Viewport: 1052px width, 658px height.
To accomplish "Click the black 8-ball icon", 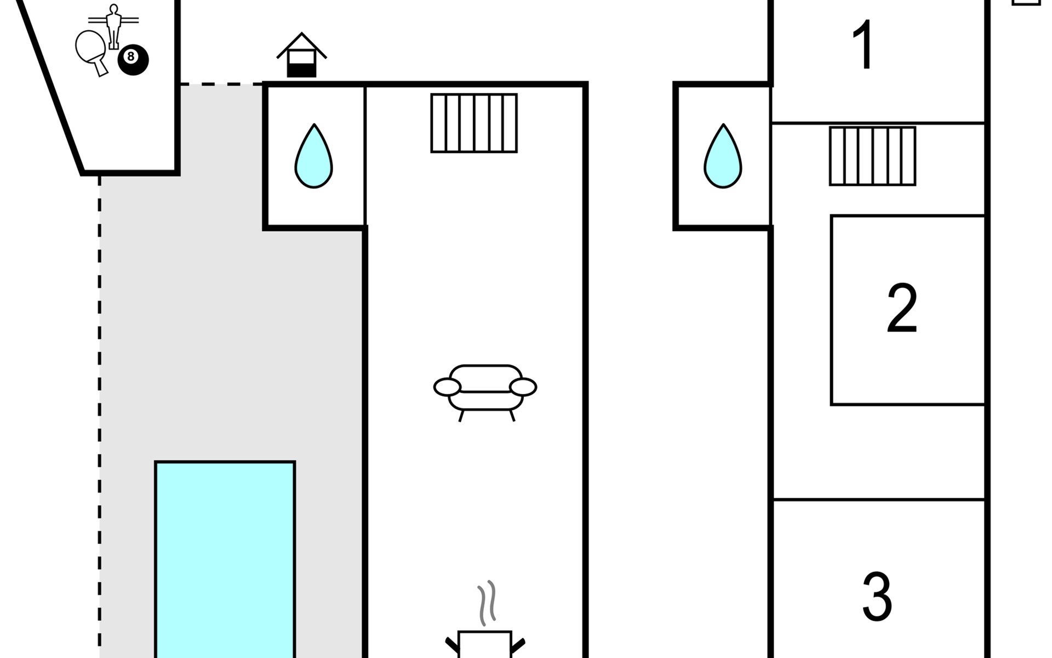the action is (x=133, y=59).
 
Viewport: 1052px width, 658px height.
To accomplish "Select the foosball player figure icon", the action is (x=113, y=26).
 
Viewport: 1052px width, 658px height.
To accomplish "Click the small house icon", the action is (x=301, y=55).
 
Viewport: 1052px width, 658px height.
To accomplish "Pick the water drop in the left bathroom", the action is (x=313, y=156).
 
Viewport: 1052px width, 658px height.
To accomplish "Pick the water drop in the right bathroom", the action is (x=723, y=156).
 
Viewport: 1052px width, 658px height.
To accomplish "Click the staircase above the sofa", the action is (x=474, y=123).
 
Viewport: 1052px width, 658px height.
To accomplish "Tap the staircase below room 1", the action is (x=872, y=156).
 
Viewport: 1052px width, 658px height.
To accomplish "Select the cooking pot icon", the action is (x=485, y=644).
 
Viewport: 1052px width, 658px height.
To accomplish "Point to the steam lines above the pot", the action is (x=487, y=603).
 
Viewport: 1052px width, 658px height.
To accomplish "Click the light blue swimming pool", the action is (x=225, y=559).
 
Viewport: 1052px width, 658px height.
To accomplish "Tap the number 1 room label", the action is (x=864, y=45).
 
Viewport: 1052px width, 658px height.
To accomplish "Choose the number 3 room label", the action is (x=877, y=597).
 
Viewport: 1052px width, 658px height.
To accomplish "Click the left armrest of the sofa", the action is (x=447, y=387).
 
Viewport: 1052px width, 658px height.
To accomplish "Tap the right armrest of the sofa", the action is (x=523, y=387).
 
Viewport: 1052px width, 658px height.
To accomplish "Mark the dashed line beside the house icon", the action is (x=221, y=84).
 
